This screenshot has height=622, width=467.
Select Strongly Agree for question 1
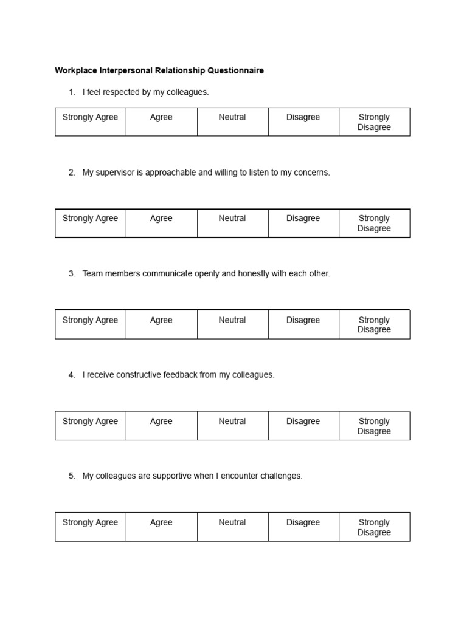[x=90, y=117]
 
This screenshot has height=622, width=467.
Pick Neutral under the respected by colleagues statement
[x=232, y=117]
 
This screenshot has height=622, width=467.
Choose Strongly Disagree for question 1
[x=374, y=122]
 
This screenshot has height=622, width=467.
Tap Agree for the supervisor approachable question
[x=161, y=219]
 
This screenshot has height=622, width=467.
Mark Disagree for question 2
[x=303, y=219]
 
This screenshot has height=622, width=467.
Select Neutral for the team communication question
[x=232, y=320]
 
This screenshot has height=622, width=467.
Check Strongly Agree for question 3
[x=90, y=320]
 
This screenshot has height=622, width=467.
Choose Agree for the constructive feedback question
[x=161, y=422]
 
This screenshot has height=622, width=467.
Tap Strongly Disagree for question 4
[x=374, y=426]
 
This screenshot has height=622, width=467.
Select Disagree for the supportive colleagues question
[x=303, y=522]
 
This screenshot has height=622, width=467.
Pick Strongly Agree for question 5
[x=90, y=522]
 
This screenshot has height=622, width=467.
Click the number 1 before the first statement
[x=71, y=92]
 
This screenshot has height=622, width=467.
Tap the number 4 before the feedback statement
[x=71, y=375]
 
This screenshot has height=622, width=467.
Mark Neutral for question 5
[x=232, y=522]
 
